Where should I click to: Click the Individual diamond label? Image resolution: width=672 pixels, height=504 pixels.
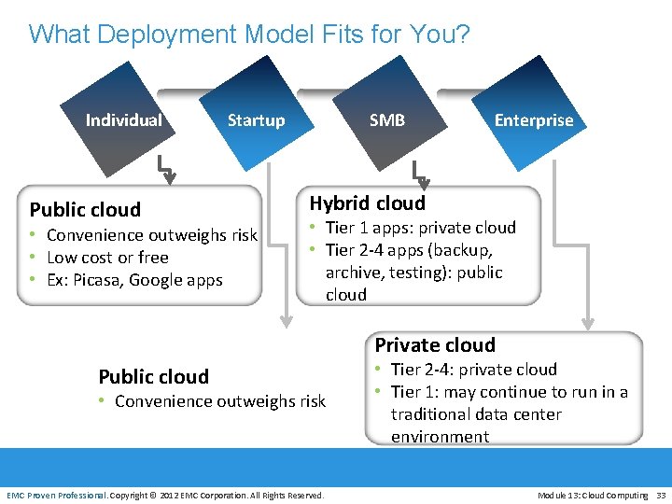[123, 120]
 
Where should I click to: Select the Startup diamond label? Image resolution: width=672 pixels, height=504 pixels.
[256, 120]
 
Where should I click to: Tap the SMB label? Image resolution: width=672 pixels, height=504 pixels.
[386, 120]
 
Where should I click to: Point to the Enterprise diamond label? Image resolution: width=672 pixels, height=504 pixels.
[533, 120]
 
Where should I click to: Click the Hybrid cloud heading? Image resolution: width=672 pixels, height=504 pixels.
[367, 203]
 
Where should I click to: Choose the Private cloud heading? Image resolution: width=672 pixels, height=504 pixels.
[435, 345]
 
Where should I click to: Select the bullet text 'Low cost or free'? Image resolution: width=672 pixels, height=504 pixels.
[107, 258]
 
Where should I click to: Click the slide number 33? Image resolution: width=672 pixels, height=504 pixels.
[661, 495]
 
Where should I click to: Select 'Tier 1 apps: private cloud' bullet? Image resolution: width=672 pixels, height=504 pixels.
[420, 228]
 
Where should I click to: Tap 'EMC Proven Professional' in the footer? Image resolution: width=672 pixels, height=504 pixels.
[56, 495]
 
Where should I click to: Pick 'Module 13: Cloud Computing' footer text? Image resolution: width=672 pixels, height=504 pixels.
[592, 495]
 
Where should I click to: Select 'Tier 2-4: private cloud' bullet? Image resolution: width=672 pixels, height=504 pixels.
[473, 370]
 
